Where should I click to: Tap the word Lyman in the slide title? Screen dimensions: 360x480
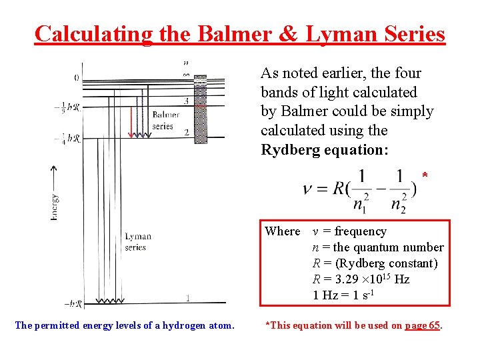coord(340,33)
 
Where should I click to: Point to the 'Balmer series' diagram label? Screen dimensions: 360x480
coord(165,121)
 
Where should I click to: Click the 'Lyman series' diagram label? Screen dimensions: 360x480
coord(138,241)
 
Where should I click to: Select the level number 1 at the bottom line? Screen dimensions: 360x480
coord(189,298)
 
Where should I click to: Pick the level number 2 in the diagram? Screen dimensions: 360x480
coord(187,132)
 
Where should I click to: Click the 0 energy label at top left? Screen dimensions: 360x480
coord(76,78)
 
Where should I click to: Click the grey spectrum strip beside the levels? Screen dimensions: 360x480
coord(199,107)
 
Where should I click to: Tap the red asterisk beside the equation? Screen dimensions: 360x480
coord(424,176)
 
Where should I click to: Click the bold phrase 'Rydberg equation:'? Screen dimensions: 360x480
coord(324,150)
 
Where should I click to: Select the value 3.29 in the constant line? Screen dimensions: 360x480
coord(340,279)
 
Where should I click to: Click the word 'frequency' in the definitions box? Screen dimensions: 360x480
coord(360,231)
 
